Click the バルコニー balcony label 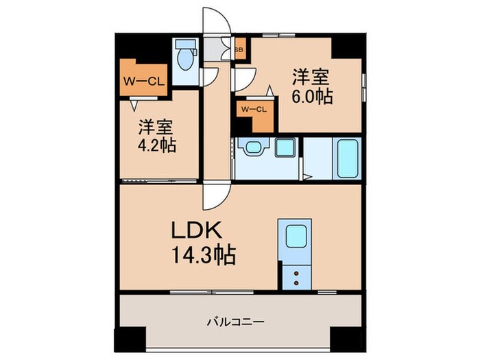(237, 320)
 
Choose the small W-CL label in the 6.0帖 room (253, 108)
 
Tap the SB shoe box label (239, 49)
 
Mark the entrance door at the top (218, 21)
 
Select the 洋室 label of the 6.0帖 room (313, 75)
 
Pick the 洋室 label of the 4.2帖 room (156, 126)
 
